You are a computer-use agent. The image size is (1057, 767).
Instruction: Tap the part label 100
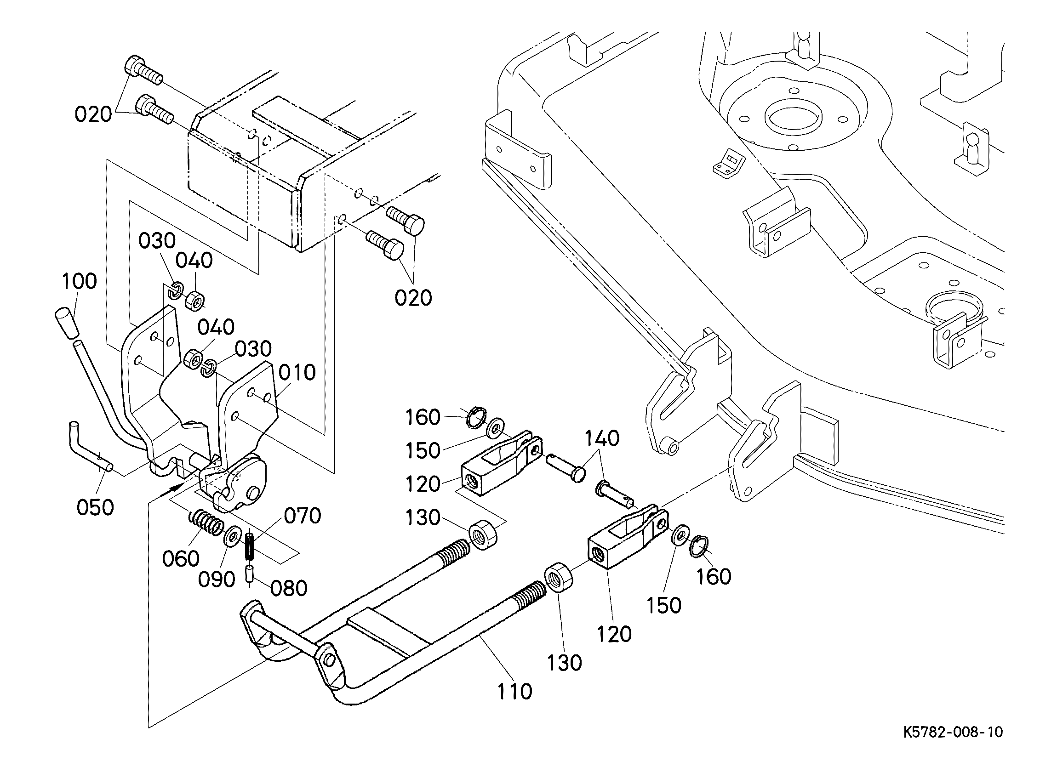[x=79, y=281]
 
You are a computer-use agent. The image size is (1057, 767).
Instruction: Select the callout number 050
[x=95, y=507]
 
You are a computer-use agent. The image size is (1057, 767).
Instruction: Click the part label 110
[x=514, y=692]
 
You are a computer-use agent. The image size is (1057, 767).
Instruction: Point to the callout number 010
[x=297, y=372]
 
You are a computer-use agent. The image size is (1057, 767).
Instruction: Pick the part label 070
[x=303, y=516]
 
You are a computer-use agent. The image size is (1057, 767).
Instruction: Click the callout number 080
[x=289, y=589]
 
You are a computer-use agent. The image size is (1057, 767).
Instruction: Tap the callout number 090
[x=217, y=579]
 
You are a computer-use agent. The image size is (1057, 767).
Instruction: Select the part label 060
[x=181, y=558]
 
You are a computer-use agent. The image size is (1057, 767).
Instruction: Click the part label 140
[x=602, y=438]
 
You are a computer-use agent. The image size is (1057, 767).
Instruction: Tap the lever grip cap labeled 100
[x=67, y=323]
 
